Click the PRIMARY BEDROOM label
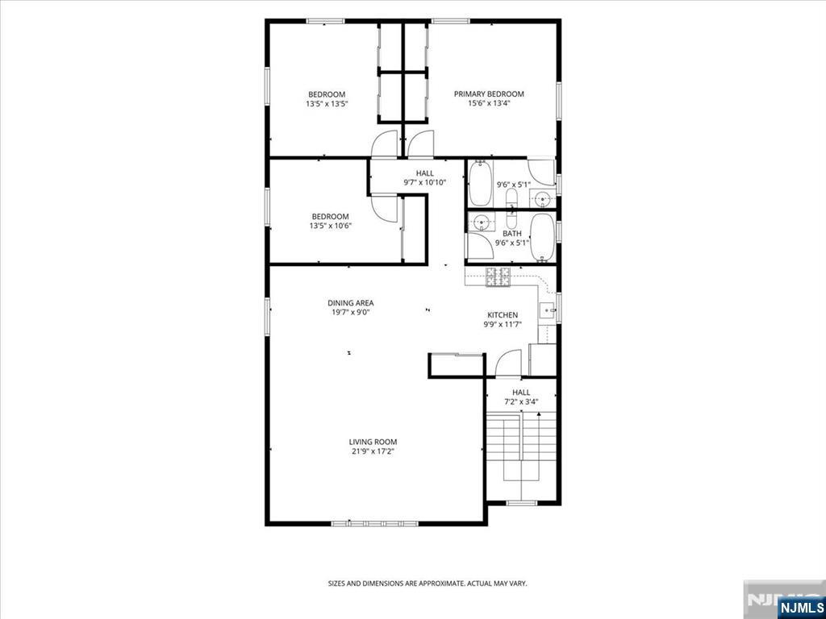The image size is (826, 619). click(489, 94)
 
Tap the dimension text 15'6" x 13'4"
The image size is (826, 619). click(489, 104)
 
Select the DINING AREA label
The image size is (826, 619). click(350, 303)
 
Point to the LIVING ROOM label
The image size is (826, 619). click(373, 442)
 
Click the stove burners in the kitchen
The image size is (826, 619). click(498, 277)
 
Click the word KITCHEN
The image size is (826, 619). click(502, 315)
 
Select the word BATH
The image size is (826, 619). click(512, 233)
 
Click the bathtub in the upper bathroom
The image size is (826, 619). click(480, 183)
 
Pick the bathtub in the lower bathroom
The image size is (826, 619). click(542, 238)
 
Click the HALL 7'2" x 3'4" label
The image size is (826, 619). click(521, 397)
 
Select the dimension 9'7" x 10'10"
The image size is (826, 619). click(424, 183)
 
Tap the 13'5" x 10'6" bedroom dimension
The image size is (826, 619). click(330, 226)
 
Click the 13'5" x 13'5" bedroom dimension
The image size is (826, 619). click(327, 104)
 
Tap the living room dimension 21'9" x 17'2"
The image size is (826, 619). click(373, 451)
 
